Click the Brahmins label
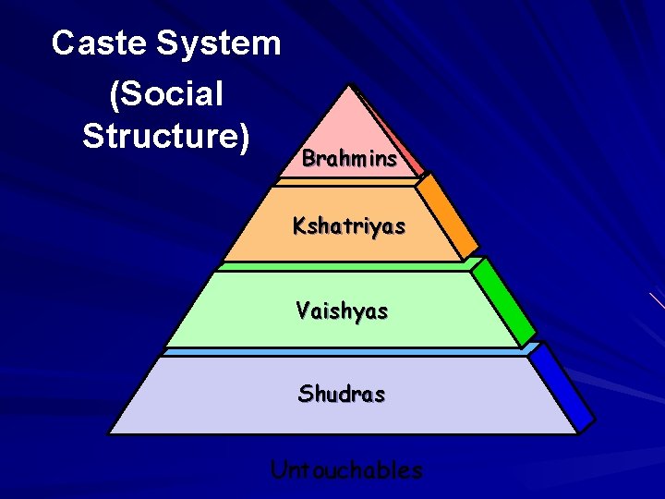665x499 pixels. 349,158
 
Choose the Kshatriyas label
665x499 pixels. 349,225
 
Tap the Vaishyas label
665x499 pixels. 342,310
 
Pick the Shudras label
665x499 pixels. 342,394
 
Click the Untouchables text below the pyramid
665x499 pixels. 346,469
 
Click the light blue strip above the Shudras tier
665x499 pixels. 342,352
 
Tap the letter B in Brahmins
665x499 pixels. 308,158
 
